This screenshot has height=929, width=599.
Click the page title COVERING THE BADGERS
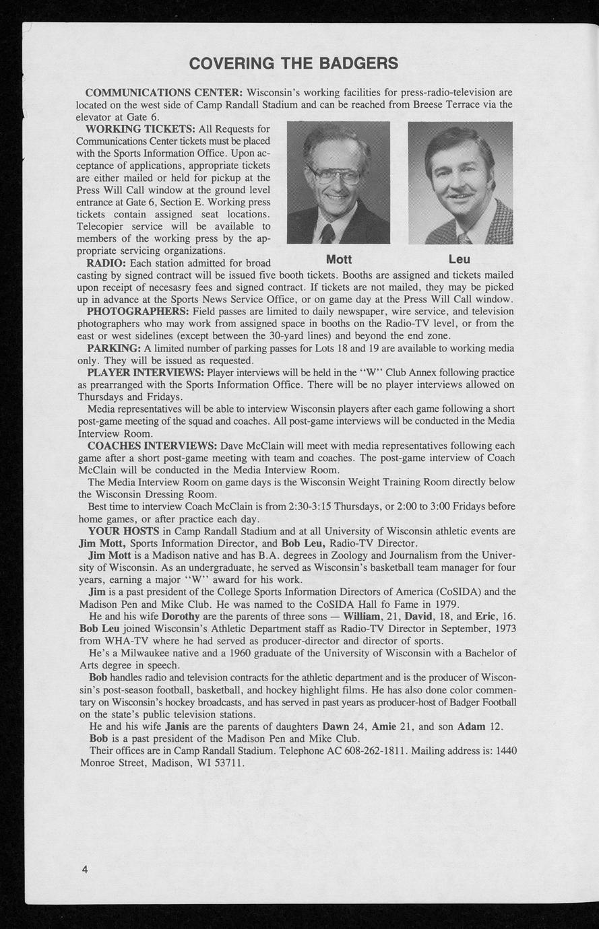point(294,63)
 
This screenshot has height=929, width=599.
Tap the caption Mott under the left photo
point(338,260)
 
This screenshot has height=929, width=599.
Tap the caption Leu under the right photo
point(460,260)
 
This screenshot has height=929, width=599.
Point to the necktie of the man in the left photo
point(328,234)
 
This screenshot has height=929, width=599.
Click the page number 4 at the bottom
point(85,869)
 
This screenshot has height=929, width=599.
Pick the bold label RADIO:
point(106,263)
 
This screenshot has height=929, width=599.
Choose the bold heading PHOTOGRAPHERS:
point(138,311)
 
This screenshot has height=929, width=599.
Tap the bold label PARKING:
point(113,348)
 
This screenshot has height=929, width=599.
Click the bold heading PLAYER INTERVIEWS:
point(146,372)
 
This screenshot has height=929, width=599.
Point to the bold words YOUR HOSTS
point(123,531)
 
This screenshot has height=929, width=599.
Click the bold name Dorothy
point(180,616)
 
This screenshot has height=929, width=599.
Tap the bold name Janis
point(177,726)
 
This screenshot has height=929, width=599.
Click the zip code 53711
point(227,763)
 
